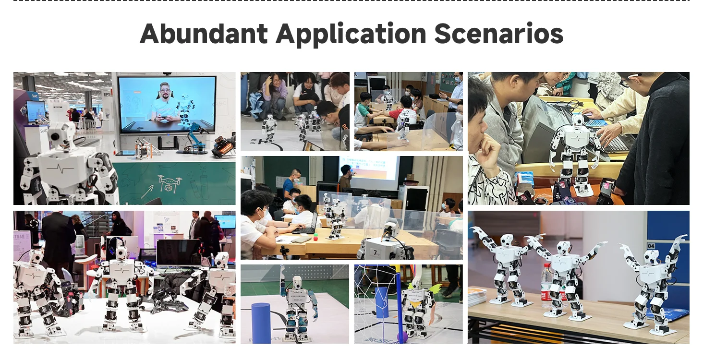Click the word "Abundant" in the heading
[x=204, y=34]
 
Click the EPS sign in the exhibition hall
[x=107, y=95]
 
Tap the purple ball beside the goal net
[x=402, y=336]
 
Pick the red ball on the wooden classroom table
[x=315, y=236]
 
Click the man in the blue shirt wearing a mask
[x=290, y=185]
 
